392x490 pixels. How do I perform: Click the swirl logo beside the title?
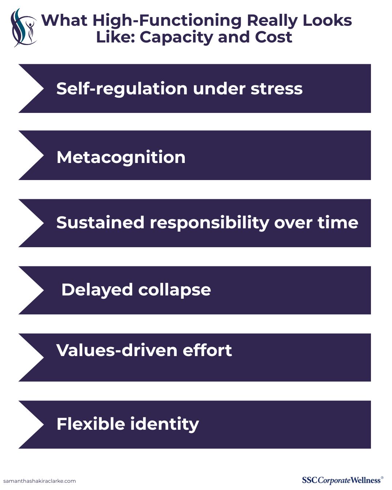pos(24,28)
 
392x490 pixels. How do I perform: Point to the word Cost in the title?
pos(274,37)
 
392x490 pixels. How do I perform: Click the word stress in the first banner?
pos(277,89)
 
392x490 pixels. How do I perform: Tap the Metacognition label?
pos(121,158)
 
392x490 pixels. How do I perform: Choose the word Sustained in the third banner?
pos(100,222)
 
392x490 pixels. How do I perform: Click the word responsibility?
pos(209,223)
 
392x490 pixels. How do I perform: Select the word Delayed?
pos(97,290)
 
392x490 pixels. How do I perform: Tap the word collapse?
pos(175,290)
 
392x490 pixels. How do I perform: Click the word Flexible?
pos(91,424)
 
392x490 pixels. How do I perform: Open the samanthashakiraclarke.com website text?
pos(40,481)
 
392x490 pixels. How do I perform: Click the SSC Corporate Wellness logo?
pos(343,480)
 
